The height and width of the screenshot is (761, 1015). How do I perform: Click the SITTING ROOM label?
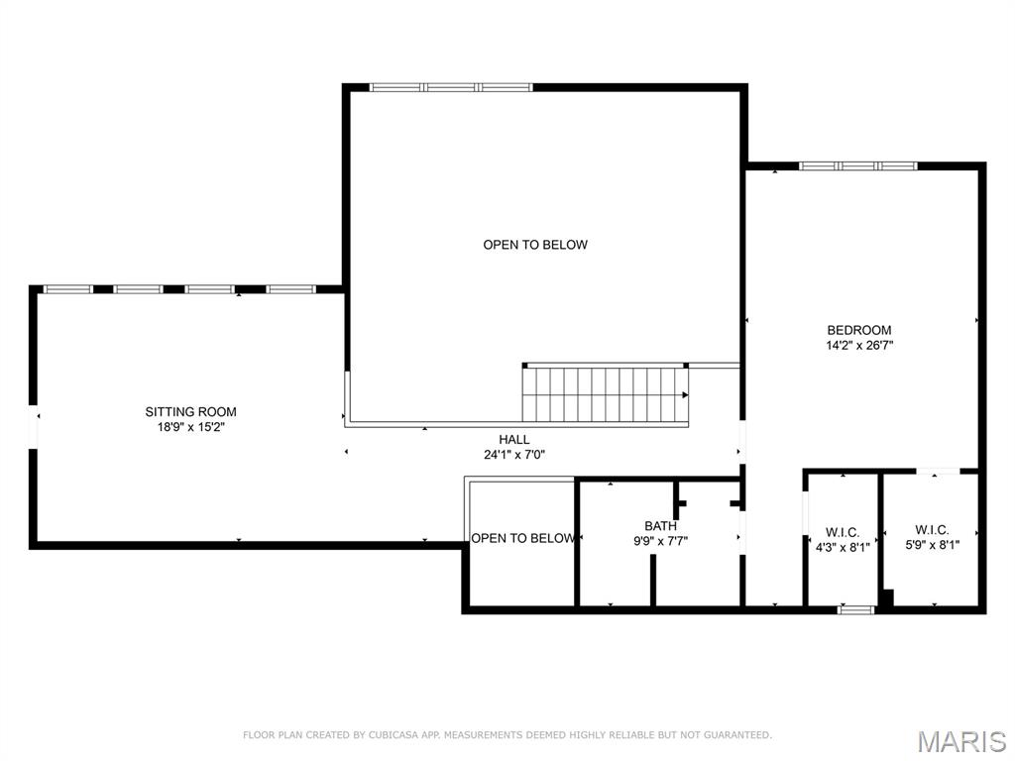[x=190, y=411]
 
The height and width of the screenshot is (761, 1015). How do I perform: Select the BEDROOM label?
[x=859, y=330]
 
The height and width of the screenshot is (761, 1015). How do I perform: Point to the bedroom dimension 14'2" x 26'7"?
[x=859, y=346]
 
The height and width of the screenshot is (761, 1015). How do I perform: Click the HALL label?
[x=514, y=439]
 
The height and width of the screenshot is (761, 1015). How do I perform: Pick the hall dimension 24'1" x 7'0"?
[x=514, y=455]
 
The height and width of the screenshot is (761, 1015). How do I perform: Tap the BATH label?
[x=660, y=526]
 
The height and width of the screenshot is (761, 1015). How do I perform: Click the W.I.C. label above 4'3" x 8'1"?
[x=843, y=532]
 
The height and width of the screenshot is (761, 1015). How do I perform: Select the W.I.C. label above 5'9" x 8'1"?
[x=932, y=530]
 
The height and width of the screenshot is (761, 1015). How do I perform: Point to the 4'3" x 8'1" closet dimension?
[x=843, y=547]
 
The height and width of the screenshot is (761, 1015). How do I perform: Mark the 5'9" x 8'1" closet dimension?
[x=932, y=545]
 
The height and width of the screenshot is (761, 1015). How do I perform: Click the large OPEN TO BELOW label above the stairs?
[x=535, y=245]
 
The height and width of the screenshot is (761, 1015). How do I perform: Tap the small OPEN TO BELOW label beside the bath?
[x=522, y=538]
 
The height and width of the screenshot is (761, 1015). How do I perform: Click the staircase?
[x=606, y=394]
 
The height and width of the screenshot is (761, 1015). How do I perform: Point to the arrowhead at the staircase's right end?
[x=686, y=394]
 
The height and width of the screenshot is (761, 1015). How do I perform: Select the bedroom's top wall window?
[x=857, y=166]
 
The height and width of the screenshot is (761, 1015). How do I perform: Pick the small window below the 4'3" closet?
[x=855, y=609]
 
